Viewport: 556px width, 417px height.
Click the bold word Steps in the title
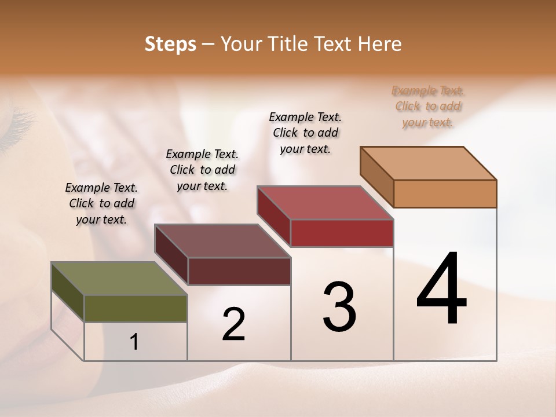pyautogui.click(x=170, y=44)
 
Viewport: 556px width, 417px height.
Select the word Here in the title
pyautogui.click(x=381, y=44)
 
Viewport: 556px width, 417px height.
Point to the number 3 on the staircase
pyautogui.click(x=339, y=307)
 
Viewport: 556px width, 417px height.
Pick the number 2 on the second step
pyautogui.click(x=233, y=324)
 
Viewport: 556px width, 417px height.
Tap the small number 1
pyautogui.click(x=134, y=342)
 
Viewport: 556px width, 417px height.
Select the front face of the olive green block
pyautogui.click(x=136, y=309)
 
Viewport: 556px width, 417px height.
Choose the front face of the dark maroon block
pyautogui.click(x=239, y=271)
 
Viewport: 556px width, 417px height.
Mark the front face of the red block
pyautogui.click(x=342, y=233)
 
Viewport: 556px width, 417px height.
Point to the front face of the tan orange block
pyautogui.click(x=445, y=193)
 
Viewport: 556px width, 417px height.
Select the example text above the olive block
pyautogui.click(x=101, y=203)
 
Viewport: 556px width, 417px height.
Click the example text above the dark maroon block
pyautogui.click(x=202, y=170)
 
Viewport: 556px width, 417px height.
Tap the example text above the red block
pyautogui.click(x=305, y=133)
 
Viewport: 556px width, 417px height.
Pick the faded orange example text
pyautogui.click(x=428, y=106)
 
